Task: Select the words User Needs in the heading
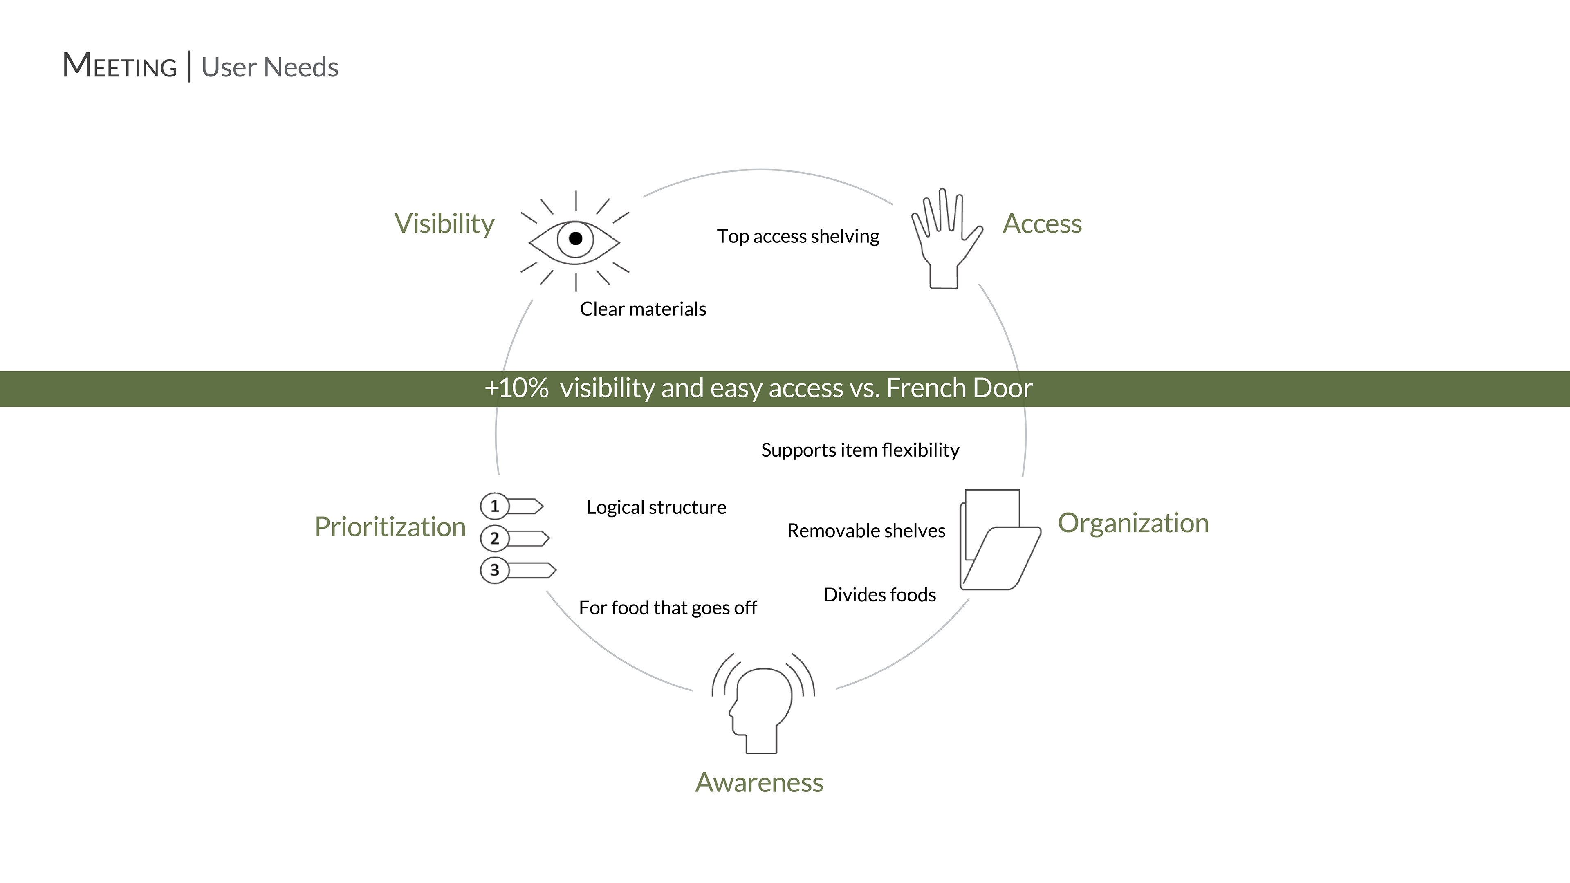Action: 269,67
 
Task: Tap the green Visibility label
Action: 444,224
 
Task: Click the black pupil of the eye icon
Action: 575,239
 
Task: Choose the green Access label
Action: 1042,224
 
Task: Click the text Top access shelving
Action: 798,236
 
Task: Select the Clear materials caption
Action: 643,309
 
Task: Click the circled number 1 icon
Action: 494,506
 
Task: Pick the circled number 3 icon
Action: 494,570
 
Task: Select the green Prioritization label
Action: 390,527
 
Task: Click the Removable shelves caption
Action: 866,531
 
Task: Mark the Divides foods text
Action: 879,595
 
